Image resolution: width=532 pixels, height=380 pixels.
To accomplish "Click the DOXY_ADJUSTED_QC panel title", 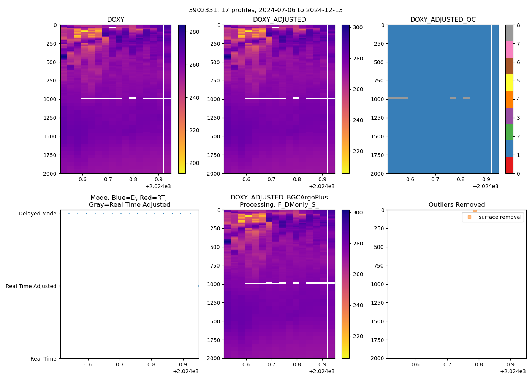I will click(443, 20).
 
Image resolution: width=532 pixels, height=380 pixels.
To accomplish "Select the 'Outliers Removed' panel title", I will click(457, 205).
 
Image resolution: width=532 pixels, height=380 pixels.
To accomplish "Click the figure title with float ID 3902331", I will click(266, 10).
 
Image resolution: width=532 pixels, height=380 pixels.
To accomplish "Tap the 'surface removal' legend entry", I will click(500, 217).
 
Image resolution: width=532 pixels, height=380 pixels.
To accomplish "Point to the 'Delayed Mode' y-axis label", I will click(38, 214).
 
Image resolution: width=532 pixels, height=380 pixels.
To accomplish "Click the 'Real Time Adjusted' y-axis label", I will click(31, 287).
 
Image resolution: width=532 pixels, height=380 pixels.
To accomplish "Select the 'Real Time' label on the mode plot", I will click(43, 359).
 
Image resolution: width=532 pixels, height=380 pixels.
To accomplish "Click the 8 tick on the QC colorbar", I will click(518, 25).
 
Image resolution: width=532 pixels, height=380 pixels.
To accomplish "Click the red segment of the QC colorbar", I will click(509, 165).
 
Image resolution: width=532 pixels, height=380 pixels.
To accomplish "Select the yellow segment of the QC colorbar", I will click(509, 83).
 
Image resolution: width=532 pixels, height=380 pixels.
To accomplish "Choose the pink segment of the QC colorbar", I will click(509, 50).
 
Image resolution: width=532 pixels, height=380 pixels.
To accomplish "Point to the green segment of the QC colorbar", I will click(509, 132).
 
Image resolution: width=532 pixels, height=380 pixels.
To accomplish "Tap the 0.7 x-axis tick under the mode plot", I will click(120, 365).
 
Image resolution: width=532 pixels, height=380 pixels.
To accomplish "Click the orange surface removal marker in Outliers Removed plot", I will click(475, 210).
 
